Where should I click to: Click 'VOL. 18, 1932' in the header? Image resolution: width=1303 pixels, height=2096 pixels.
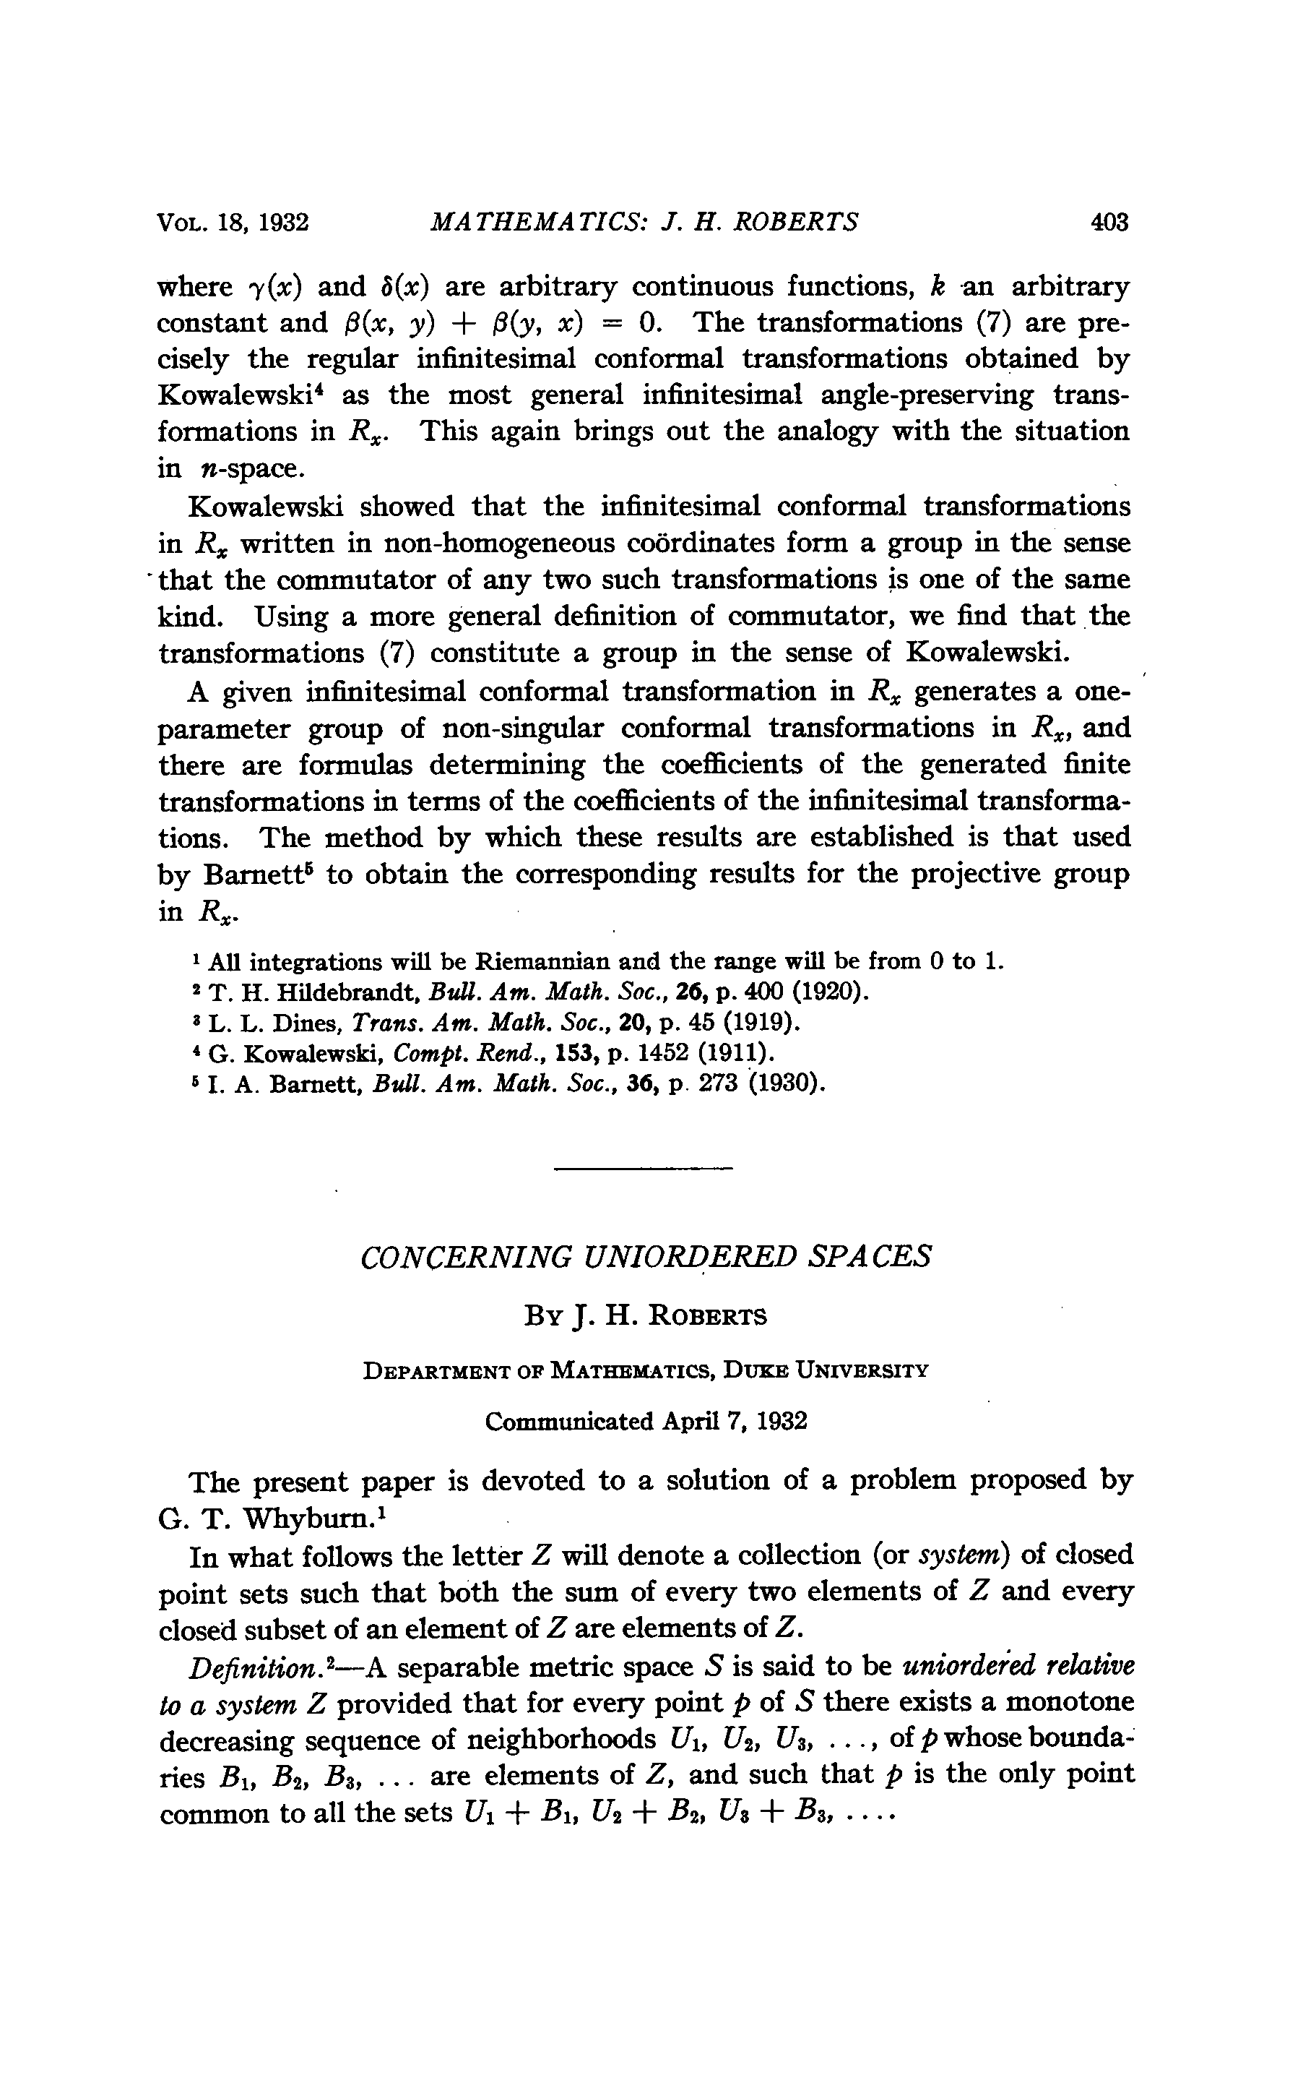pos(233,223)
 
